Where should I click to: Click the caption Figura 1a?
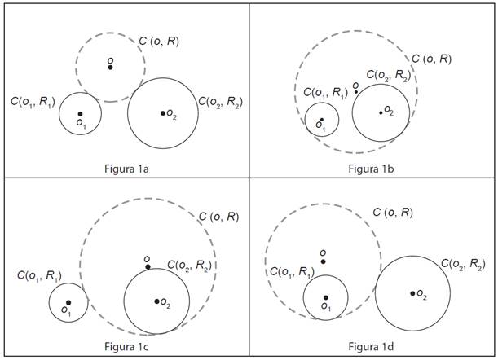[125, 169]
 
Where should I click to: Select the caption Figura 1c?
[125, 347]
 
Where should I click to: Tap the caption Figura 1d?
[372, 347]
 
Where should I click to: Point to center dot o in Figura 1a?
[111, 67]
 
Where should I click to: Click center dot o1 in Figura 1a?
[80, 114]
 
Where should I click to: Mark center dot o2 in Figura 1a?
[163, 112]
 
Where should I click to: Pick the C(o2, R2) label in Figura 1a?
[221, 102]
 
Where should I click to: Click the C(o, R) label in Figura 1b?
[431, 59]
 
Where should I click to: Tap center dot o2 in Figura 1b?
[381, 112]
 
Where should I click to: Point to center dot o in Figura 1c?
[148, 266]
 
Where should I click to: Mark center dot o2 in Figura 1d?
[412, 293]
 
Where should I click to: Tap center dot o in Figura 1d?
[324, 261]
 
